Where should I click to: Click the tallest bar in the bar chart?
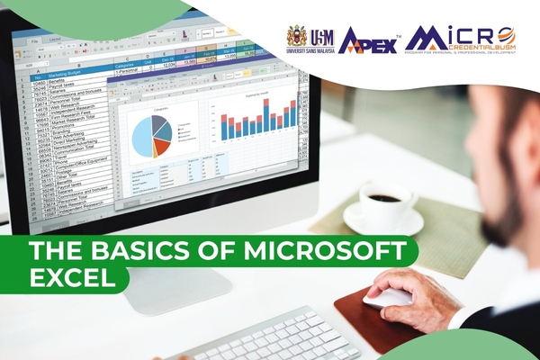pyautogui.click(x=266, y=116)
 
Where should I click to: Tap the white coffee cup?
pyautogui.click(x=383, y=200)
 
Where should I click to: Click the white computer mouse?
pyautogui.click(x=388, y=298)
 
